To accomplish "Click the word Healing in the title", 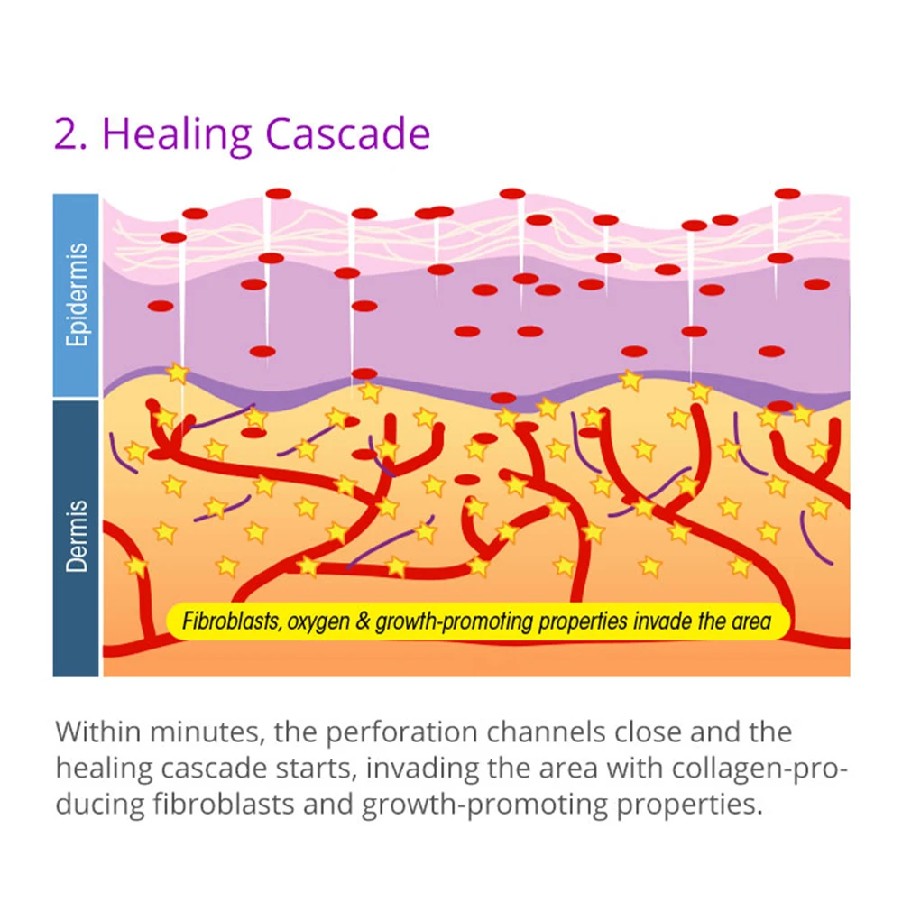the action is pos(176,133).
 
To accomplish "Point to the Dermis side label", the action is pos(76,537).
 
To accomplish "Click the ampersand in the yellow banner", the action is pos(364,621).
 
